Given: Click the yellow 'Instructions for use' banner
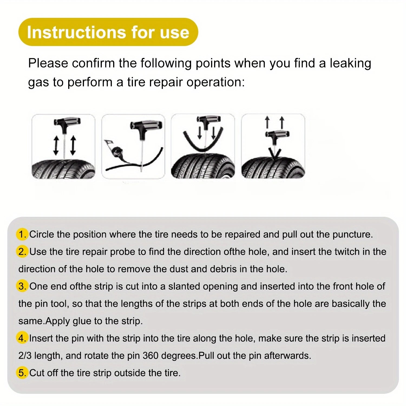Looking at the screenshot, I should click(x=108, y=32).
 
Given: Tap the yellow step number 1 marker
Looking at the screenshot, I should click(x=22, y=234).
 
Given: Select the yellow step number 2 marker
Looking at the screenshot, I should click(x=22, y=252).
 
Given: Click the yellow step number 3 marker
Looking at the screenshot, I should click(x=22, y=286).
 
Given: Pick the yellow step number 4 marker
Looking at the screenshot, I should click(x=22, y=338).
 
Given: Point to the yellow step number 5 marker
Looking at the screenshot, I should click(x=22, y=373).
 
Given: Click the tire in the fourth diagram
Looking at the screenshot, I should click(x=273, y=168).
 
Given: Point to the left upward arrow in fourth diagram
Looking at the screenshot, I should click(x=267, y=122).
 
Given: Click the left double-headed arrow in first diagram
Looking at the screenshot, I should click(x=56, y=146).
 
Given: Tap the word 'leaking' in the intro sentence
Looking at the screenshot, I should click(x=350, y=63).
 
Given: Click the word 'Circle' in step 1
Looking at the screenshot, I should click(x=41, y=234).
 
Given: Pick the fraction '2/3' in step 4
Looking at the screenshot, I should click(x=25, y=356).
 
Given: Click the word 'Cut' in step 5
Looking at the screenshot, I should click(x=37, y=373).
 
